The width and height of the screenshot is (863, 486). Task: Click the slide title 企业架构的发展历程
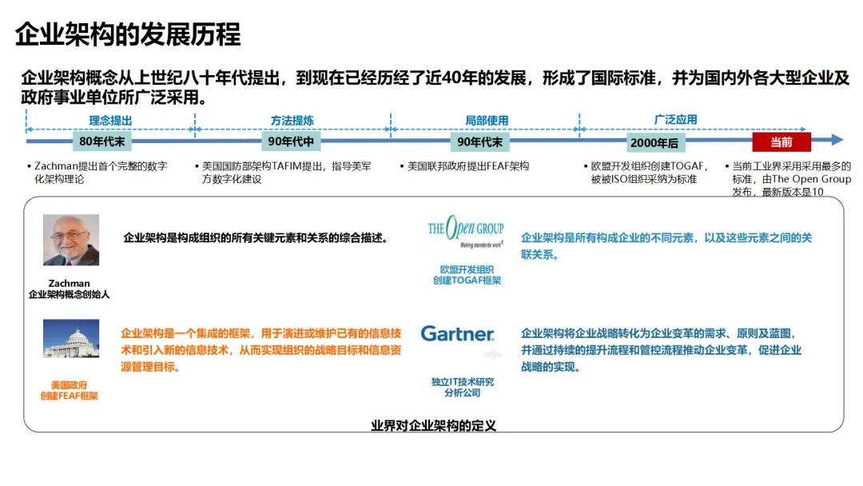pyautogui.click(x=128, y=34)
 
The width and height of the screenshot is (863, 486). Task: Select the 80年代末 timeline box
pyautogui.click(x=101, y=141)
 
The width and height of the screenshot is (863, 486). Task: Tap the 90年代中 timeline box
pyautogui.click(x=291, y=141)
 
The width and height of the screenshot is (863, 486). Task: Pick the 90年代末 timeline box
pyautogui.click(x=480, y=142)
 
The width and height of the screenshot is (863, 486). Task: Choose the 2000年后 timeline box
pyautogui.click(x=654, y=142)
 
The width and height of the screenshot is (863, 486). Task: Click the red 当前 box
pyautogui.click(x=781, y=142)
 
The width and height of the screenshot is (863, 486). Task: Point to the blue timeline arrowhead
pyautogui.click(x=837, y=140)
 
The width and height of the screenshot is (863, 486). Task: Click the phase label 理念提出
pyautogui.click(x=110, y=121)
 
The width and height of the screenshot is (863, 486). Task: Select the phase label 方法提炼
pyautogui.click(x=292, y=121)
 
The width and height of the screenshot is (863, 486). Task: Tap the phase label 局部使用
pyautogui.click(x=487, y=121)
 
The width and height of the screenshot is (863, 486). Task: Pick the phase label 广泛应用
pyautogui.click(x=675, y=119)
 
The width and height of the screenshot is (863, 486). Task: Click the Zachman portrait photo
pyautogui.click(x=71, y=240)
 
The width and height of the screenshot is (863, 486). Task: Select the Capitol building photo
pyautogui.click(x=71, y=338)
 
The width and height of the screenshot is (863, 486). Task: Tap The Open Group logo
pyautogui.click(x=466, y=231)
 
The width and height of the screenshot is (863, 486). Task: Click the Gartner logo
pyautogui.click(x=457, y=333)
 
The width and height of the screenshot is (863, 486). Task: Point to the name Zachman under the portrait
pyautogui.click(x=69, y=284)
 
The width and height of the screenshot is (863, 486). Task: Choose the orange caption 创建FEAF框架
pyautogui.click(x=69, y=396)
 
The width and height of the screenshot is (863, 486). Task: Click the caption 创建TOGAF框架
pyautogui.click(x=467, y=281)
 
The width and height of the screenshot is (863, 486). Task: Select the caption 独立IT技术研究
pyautogui.click(x=463, y=382)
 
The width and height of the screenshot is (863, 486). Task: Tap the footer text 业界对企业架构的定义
pyautogui.click(x=434, y=425)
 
